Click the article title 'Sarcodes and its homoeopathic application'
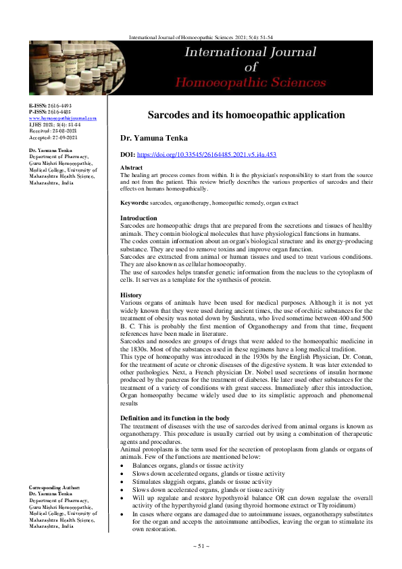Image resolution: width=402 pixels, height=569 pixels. tap(246, 115)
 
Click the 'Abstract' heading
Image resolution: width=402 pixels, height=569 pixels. tap(131, 167)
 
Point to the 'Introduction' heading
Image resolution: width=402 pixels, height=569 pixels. tap(139, 218)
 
